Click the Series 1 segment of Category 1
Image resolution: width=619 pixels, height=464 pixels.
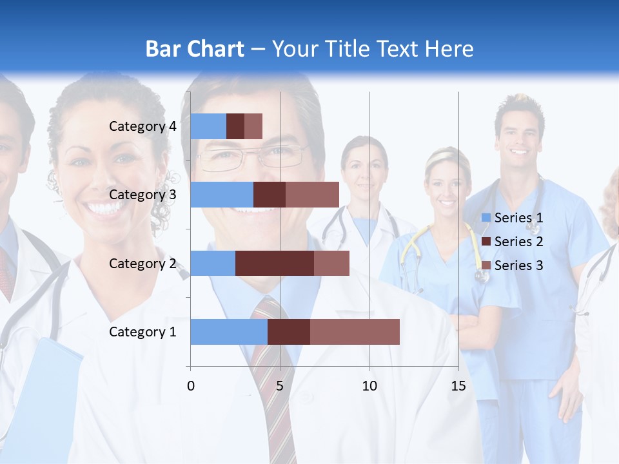(x=229, y=332)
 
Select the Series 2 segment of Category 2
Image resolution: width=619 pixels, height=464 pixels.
(x=275, y=263)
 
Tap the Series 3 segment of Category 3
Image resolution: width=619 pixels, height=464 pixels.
(x=312, y=195)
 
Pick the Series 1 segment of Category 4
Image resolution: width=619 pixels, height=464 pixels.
(x=208, y=126)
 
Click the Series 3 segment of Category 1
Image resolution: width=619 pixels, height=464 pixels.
(x=355, y=332)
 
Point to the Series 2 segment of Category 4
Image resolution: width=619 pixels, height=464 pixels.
(x=235, y=126)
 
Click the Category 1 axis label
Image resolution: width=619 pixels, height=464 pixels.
(x=142, y=332)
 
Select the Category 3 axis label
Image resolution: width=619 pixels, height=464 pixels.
(x=142, y=195)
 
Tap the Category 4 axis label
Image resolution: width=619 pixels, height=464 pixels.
(x=142, y=126)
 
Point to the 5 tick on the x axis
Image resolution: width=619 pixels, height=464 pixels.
(x=280, y=386)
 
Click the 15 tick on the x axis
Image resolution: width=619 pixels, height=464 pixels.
(x=458, y=386)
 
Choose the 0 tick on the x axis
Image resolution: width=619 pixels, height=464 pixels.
(x=190, y=386)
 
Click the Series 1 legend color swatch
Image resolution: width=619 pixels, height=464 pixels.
(x=486, y=218)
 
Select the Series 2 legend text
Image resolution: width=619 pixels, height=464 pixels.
(x=518, y=242)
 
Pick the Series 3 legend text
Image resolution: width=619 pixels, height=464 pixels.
(x=518, y=266)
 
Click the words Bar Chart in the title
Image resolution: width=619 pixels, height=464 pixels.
(x=195, y=49)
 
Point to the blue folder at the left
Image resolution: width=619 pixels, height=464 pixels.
(x=45, y=400)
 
